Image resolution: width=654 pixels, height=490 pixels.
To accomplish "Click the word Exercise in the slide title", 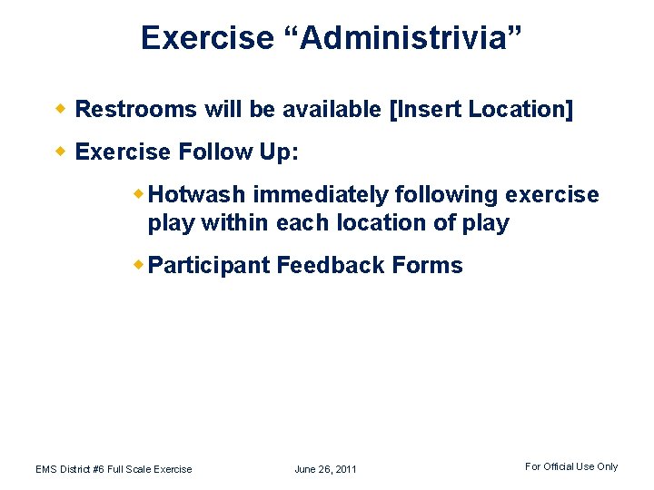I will pos(207,38).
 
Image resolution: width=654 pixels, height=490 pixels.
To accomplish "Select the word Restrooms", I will pos(136,110).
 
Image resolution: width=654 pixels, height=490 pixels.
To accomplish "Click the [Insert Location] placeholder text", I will pos(481,110).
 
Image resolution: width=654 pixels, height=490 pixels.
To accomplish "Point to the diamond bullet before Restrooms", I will pos(64,110).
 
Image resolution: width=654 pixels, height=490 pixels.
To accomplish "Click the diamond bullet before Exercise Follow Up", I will pos(64,152).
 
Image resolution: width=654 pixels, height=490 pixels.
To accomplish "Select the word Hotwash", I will pos(197,195).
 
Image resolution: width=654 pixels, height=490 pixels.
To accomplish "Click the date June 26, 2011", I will pos(325,469).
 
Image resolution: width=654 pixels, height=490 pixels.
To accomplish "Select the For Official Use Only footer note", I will pos(570,466).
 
